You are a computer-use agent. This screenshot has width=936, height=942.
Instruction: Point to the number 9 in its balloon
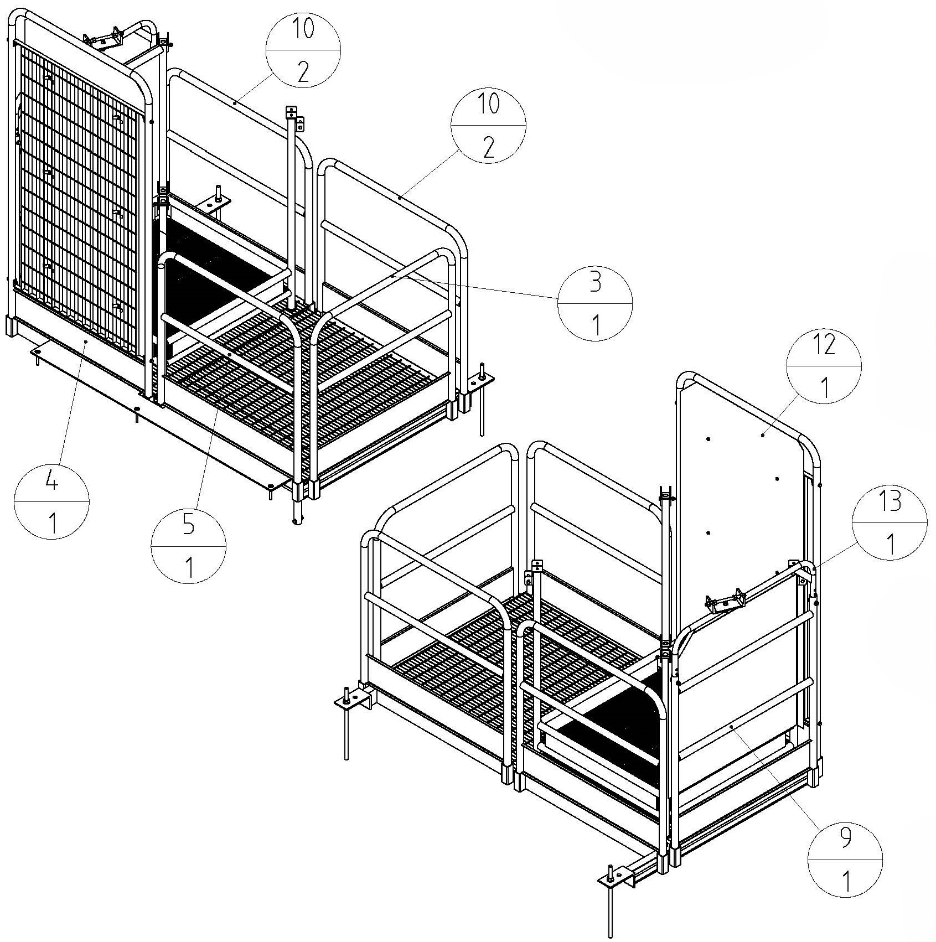pyautogui.click(x=845, y=839)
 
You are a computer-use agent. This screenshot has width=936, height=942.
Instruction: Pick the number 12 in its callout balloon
pyautogui.click(x=824, y=346)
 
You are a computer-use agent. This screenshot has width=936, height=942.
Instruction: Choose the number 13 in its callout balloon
pyautogui.click(x=890, y=501)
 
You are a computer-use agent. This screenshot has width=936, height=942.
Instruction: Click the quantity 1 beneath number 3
pyautogui.click(x=596, y=326)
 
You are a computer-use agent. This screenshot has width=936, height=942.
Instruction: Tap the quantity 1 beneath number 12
pyautogui.click(x=825, y=387)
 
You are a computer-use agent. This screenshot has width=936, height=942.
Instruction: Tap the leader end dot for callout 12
pyautogui.click(x=763, y=436)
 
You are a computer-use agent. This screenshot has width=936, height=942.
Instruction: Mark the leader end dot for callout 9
pyautogui.click(x=731, y=726)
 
